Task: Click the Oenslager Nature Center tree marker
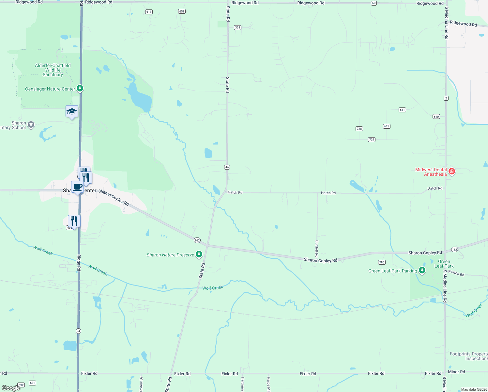pos(80,89)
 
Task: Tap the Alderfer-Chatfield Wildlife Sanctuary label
pos(53,70)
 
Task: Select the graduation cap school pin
pos(72,112)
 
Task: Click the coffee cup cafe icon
pos(77,187)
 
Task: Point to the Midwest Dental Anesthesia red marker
pos(452,171)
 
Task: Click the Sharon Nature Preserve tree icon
pos(199,254)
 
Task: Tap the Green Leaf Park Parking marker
pos(422,270)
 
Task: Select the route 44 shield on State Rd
pos(227,167)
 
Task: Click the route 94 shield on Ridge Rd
pos(78,331)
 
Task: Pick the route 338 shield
pos(237,27)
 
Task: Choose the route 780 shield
pos(382,262)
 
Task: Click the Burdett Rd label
pos(316,249)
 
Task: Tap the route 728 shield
pos(359,129)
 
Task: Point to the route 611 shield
pos(402,110)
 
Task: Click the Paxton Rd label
pos(456,273)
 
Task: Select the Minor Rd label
pos(456,372)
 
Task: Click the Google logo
pos(11,388)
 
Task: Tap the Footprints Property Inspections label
pos(469,356)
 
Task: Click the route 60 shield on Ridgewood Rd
pos(374,3)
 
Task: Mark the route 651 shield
pos(182,11)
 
